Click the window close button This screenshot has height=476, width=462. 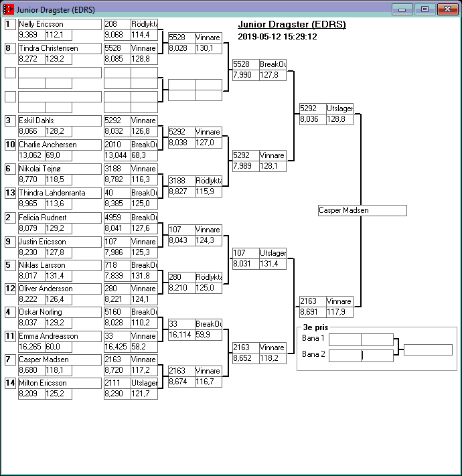pos(446,9)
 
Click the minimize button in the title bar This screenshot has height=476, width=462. pos(402,9)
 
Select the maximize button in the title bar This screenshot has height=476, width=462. pos(423,9)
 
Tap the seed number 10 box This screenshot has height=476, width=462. pos(10,145)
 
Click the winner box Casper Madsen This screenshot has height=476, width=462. pos(362,210)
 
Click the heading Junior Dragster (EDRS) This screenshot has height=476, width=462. pos(292,25)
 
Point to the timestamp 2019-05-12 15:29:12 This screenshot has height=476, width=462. pos(277,36)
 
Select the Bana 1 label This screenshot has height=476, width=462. pos(313,339)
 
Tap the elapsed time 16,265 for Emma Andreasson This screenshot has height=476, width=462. pos(31,347)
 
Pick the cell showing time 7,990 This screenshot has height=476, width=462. pos(245,75)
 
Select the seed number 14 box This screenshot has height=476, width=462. pos(10,383)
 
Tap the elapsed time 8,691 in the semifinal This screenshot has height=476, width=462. pos(312,312)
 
